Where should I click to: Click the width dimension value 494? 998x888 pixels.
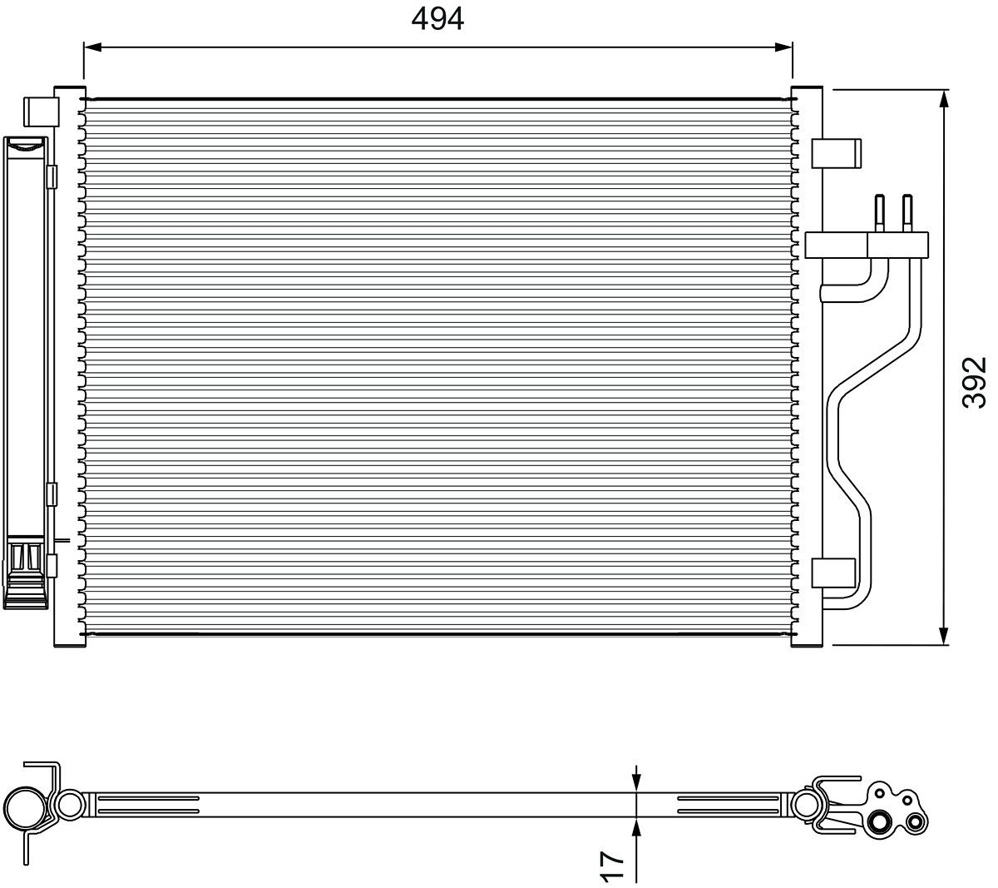pyautogui.click(x=437, y=18)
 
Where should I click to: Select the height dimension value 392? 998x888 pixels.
pyautogui.click(x=972, y=382)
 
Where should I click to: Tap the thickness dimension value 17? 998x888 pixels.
pyautogui.click(x=611, y=866)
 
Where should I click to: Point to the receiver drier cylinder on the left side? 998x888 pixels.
pyautogui.click(x=25, y=366)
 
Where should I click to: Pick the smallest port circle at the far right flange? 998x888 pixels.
pyautogui.click(x=916, y=822)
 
